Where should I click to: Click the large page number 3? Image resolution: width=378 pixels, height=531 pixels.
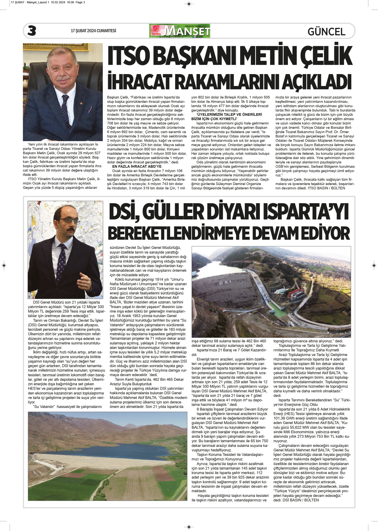point(32,31)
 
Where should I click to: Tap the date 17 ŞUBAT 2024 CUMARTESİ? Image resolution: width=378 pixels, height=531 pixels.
point(93,31)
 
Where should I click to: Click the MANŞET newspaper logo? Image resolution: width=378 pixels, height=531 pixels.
point(180,31)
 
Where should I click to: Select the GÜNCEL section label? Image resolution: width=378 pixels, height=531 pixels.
point(326,32)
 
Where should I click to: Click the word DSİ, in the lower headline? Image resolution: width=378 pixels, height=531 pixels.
point(125,212)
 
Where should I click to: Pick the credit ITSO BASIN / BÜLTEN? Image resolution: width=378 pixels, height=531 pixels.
point(326,188)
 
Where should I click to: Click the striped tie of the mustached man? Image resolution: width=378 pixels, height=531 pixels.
point(66,112)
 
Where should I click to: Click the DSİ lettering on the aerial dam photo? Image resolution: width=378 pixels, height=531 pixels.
point(225,283)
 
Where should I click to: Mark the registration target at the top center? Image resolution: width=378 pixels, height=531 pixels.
point(189,4)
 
